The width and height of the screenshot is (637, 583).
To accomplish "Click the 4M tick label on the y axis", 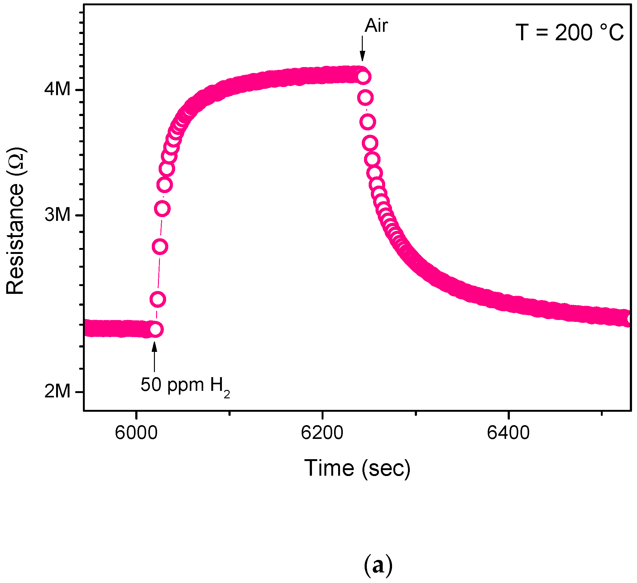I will tap(57, 89).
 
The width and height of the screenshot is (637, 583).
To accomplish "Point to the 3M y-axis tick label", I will tap(57, 215).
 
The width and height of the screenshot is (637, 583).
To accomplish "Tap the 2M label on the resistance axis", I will tap(57, 391).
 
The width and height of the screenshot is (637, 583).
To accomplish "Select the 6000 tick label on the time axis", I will tap(136, 433).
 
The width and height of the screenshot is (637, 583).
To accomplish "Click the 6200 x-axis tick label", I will tap(322, 433).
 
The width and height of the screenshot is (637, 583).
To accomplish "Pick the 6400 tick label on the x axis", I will tap(508, 433).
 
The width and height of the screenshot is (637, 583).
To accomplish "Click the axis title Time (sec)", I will tap(357, 468).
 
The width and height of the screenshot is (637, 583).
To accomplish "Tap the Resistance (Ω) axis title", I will tap(15, 221).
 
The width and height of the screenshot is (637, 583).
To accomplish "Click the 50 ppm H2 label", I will tap(185, 385).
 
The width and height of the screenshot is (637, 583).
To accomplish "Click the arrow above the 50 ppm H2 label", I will tap(154, 357).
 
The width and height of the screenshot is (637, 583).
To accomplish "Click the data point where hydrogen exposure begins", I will tap(156, 330).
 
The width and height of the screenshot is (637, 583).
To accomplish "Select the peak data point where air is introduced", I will tap(364, 76).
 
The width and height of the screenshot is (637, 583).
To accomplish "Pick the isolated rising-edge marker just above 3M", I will tap(162, 208).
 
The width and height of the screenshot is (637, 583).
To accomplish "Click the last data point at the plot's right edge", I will tap(630, 319).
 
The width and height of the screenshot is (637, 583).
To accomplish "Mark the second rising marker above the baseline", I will tap(158, 299).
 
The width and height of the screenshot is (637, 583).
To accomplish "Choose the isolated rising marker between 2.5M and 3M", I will tap(160, 247).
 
